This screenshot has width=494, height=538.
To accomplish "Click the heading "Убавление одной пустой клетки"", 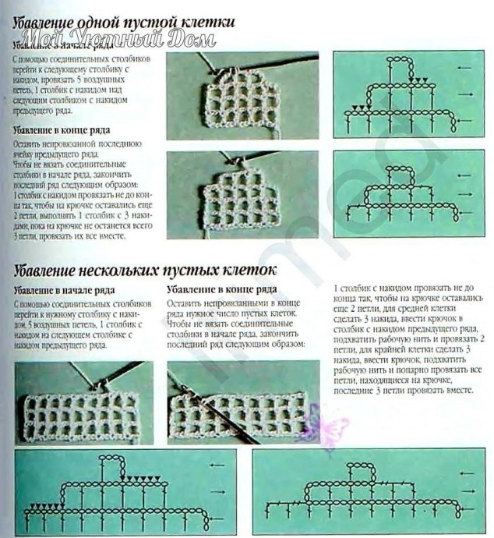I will point(124,23).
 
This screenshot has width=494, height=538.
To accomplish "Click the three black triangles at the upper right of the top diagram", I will point(421,80).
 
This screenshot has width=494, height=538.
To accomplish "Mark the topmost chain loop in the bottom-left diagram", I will point(113,461).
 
